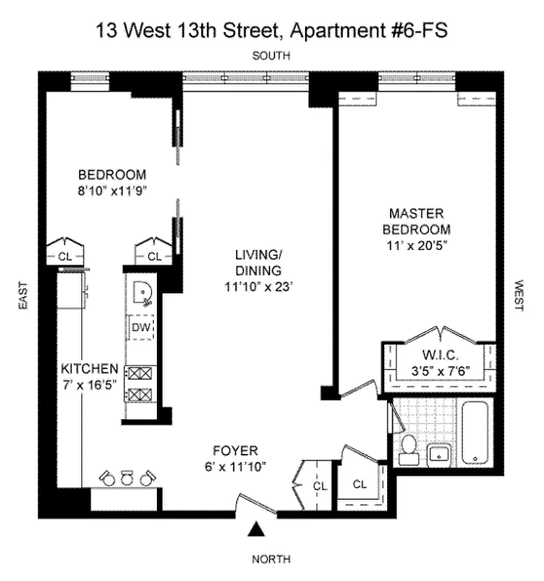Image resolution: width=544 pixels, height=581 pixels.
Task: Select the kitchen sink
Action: pyautogui.click(x=143, y=294)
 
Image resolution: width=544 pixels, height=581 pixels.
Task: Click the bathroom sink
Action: pyautogui.click(x=439, y=454)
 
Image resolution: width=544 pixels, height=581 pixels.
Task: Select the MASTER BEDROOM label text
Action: pyautogui.click(x=416, y=221)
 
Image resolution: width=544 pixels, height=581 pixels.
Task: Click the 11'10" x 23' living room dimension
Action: pyautogui.click(x=258, y=286)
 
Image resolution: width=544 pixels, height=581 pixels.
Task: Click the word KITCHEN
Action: pyautogui.click(x=89, y=367)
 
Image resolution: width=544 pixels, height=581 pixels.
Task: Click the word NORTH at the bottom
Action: pyautogui.click(x=271, y=559)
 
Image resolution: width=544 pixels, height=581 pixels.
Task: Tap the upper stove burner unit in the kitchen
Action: pyautogui.click(x=140, y=373)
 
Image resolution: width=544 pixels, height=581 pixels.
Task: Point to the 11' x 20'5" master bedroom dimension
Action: pyautogui.click(x=415, y=245)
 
